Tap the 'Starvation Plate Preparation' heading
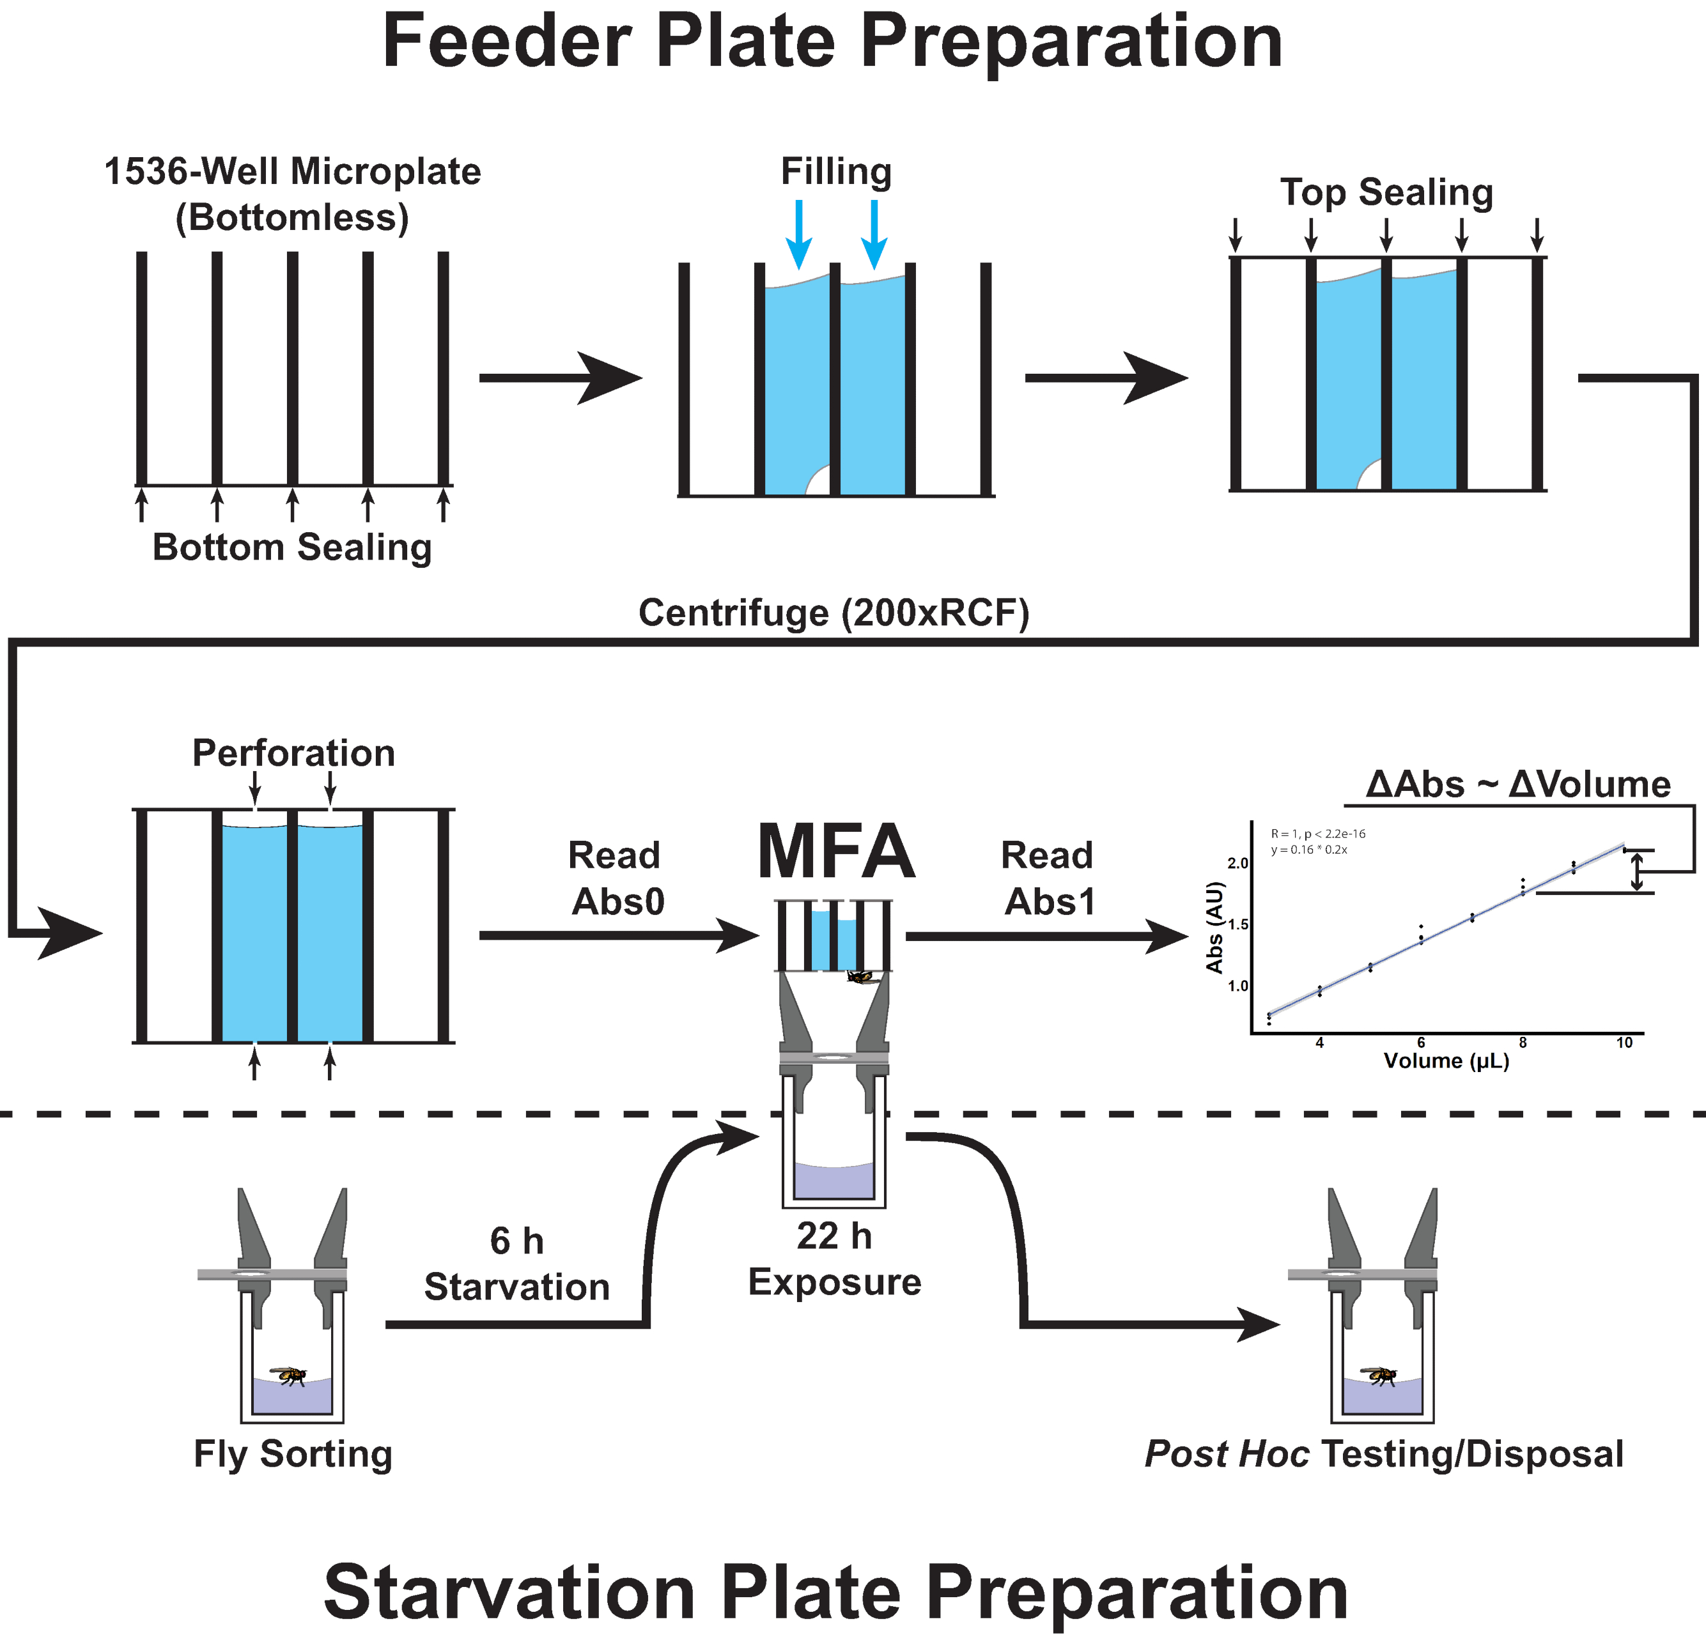pos(835,1591)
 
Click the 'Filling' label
pos(835,171)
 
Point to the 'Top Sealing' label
pos(1386,192)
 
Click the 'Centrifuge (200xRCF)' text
pos(834,613)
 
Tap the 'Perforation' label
pos(293,753)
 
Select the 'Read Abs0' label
pos(616,878)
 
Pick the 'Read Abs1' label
pos(1048,878)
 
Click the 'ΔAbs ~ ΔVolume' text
pos(1517,784)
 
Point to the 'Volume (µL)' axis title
pos(1446,1061)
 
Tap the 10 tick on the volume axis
pos(1624,1043)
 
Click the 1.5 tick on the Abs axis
pos(1237,924)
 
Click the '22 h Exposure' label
pos(834,1259)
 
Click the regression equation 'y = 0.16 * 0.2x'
pos(1308,849)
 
